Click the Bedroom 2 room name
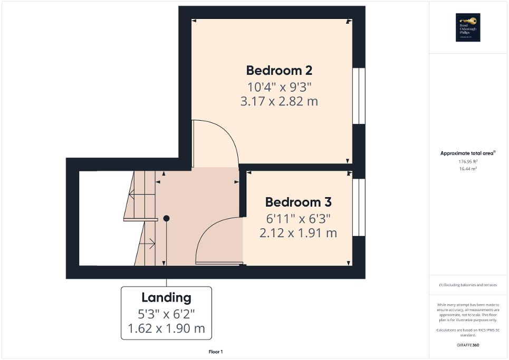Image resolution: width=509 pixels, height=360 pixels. click(x=280, y=70)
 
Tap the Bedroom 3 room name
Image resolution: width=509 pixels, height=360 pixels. click(x=298, y=202)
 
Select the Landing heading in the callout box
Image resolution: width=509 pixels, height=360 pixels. click(x=166, y=298)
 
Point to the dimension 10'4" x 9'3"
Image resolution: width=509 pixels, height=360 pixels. click(x=279, y=86)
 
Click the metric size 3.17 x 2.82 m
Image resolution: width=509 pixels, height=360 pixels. click(x=279, y=101)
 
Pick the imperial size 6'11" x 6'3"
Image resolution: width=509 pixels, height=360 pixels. click(x=298, y=218)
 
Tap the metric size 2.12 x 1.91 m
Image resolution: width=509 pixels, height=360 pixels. click(x=298, y=232)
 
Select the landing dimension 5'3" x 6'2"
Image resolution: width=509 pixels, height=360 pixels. click(x=166, y=314)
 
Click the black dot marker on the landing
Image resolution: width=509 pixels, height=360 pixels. click(x=166, y=218)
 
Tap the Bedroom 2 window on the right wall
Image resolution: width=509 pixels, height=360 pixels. click(x=359, y=96)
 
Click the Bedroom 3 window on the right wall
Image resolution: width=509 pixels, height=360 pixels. click(x=359, y=208)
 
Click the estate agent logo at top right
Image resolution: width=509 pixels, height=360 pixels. click(x=468, y=27)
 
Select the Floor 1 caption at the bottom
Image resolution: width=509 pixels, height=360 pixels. click(x=215, y=352)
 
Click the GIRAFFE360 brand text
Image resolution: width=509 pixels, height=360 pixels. click(x=468, y=345)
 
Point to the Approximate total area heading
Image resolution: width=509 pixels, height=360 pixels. click(x=467, y=153)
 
